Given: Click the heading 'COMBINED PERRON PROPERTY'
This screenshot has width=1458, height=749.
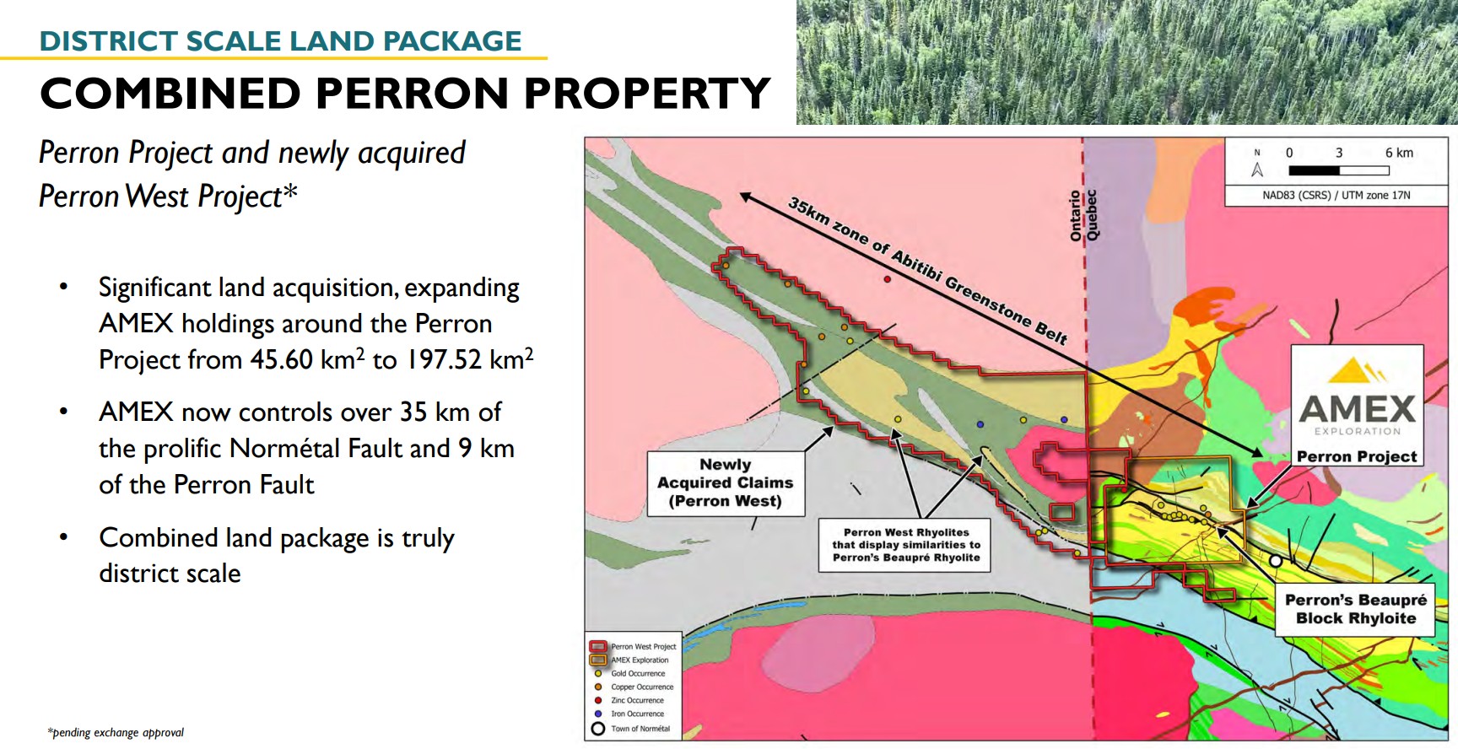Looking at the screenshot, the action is click(405, 93).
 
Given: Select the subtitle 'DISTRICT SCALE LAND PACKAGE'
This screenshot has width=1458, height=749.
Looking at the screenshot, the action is click(280, 40).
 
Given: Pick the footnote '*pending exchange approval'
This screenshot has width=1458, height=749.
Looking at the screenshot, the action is click(116, 732).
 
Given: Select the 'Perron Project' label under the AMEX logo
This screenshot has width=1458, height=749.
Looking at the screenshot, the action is click(1357, 456).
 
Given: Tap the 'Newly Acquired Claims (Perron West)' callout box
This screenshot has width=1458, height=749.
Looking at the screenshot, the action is click(726, 482).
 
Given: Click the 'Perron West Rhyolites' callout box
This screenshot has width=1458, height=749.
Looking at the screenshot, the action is click(906, 545).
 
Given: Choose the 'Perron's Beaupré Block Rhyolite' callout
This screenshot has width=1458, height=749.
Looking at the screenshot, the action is click(1356, 609).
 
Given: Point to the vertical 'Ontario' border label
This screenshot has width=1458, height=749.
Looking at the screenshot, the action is click(1076, 216).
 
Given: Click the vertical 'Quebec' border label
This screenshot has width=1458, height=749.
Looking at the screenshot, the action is click(1092, 216).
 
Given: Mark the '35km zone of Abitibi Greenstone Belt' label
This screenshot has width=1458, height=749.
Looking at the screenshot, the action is click(927, 271).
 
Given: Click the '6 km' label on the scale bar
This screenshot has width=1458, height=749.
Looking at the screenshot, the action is click(1399, 153).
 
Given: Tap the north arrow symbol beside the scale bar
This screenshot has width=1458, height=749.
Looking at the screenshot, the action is click(1257, 164).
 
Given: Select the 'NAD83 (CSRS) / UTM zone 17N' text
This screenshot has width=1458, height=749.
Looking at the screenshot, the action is click(1336, 195).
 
